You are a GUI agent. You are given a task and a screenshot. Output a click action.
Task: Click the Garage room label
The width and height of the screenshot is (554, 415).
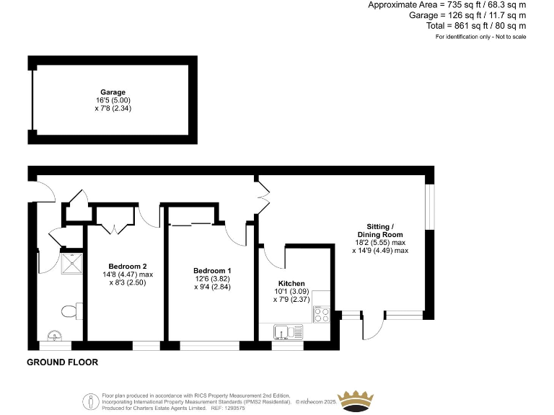tap(113, 92)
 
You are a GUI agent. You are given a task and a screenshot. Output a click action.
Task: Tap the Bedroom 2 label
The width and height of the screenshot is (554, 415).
tap(128, 265)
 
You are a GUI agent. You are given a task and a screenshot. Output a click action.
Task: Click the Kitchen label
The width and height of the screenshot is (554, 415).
tap(291, 284)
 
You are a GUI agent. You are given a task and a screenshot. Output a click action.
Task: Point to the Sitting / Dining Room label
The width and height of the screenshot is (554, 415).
tap(380, 231)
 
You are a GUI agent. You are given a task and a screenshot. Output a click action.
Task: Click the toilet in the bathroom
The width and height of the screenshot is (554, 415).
tap(69, 311)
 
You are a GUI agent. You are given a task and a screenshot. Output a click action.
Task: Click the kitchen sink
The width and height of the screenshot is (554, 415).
tap(288, 331)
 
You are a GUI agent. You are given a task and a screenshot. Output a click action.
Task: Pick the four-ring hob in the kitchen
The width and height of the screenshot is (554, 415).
tap(321, 315)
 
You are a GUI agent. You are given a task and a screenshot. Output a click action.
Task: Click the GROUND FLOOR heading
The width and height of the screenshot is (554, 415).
tap(62, 362)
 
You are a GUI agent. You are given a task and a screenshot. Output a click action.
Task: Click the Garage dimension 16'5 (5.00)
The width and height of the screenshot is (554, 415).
tap(113, 100)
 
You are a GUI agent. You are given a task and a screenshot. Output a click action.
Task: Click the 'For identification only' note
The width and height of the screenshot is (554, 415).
tap(480, 36)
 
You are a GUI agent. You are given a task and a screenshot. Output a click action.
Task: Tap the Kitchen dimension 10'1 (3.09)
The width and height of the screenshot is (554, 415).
tap(291, 292)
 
